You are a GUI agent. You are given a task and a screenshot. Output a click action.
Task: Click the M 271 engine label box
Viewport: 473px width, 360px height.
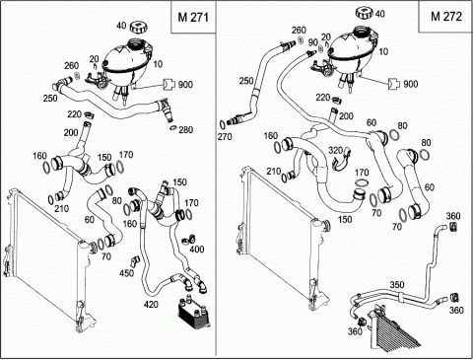pyautogui.click(x=193, y=17)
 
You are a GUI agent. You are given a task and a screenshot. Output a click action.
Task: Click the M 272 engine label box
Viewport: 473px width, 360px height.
pyautogui.click(x=445, y=17)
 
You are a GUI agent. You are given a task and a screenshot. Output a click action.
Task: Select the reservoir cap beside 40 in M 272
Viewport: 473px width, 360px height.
pyautogui.click(x=365, y=14)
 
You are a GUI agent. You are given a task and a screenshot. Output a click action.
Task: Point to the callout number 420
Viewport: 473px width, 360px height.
pyautogui.click(x=151, y=305)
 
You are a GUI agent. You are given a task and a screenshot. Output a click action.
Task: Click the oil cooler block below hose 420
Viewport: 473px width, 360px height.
pyautogui.click(x=193, y=313)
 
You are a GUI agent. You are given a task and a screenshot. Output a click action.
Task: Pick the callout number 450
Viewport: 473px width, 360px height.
pyautogui.click(x=126, y=273)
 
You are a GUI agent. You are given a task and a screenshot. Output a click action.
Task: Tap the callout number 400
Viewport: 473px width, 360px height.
pyautogui.click(x=197, y=250)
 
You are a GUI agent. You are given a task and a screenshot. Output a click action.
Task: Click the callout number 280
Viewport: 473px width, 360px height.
pyautogui.click(x=185, y=130)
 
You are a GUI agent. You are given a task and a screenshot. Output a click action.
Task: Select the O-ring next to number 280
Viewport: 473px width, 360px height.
pyautogui.click(x=173, y=127)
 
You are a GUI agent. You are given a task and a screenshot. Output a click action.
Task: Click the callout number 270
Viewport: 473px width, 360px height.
pyautogui.click(x=225, y=136)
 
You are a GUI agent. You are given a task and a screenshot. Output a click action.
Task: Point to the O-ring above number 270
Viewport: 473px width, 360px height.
pyautogui.click(x=223, y=124)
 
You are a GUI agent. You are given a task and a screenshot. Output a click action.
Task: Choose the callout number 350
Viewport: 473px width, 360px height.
pyautogui.click(x=397, y=285)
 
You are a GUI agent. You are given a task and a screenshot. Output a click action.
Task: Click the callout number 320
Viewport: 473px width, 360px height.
pyautogui.click(x=336, y=150)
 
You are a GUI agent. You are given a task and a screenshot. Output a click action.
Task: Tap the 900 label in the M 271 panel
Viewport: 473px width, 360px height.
pyautogui.click(x=185, y=85)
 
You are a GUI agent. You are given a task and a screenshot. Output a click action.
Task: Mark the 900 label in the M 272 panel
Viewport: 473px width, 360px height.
pyautogui.click(x=410, y=84)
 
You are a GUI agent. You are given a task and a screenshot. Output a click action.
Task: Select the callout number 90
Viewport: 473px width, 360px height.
pyautogui.click(x=313, y=42)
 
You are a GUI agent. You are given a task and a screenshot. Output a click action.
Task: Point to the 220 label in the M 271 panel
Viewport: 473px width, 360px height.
pyautogui.click(x=74, y=114)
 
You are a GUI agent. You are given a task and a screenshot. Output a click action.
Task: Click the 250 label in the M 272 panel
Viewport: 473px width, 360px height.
pyautogui.click(x=246, y=81)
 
